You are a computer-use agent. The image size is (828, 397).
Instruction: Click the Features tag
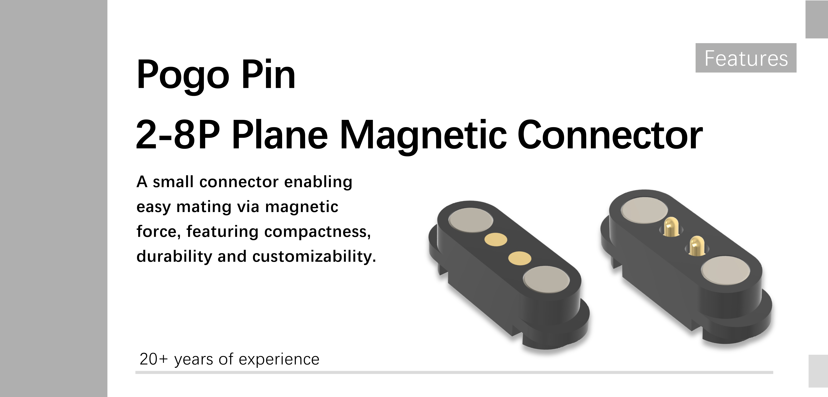[x=746, y=58]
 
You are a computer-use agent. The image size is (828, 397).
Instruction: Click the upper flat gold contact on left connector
[x=496, y=239]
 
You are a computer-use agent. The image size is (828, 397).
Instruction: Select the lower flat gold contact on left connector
[x=520, y=258]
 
